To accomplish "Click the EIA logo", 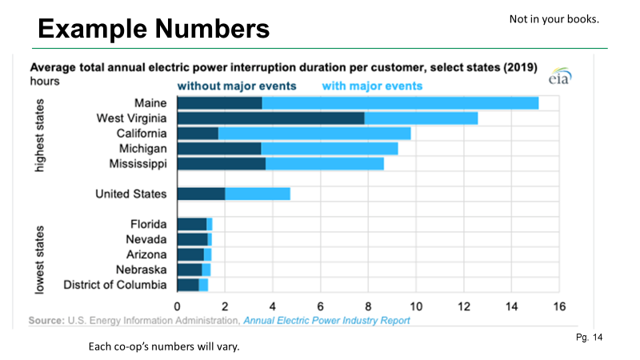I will (x=558, y=79).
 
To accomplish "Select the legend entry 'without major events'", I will (x=237, y=86).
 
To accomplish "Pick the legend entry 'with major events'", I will (x=372, y=86).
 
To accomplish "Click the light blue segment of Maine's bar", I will (x=400, y=102).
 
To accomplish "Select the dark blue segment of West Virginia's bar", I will (x=270, y=118).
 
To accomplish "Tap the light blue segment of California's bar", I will (x=314, y=133).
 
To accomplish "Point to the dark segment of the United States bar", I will (x=201, y=194).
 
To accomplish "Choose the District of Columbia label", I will (x=115, y=285).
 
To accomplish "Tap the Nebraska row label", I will (x=141, y=270).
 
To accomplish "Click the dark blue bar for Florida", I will (x=192, y=224).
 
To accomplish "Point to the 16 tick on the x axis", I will (x=559, y=306).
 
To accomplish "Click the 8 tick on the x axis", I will (x=368, y=306).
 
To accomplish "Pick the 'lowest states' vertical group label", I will (x=38, y=258).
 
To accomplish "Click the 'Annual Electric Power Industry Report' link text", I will (x=326, y=321).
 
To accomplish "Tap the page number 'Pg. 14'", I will (x=589, y=338).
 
